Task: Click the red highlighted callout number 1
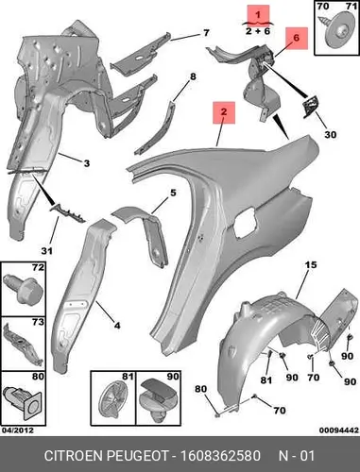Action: (x=258, y=14)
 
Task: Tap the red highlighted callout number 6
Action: (x=297, y=38)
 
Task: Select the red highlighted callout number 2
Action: (x=224, y=112)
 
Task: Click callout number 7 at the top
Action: (x=206, y=33)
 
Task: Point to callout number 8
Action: (x=193, y=76)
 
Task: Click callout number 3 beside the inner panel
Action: (x=87, y=163)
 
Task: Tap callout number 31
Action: (x=46, y=251)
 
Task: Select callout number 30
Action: (x=331, y=134)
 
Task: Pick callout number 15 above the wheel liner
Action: (x=311, y=264)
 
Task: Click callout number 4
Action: (x=117, y=325)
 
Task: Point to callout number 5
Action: (x=173, y=193)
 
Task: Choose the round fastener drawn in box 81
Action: (x=113, y=398)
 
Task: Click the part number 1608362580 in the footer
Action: (x=220, y=456)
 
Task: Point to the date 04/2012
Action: (x=18, y=430)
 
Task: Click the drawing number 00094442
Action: (x=339, y=430)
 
